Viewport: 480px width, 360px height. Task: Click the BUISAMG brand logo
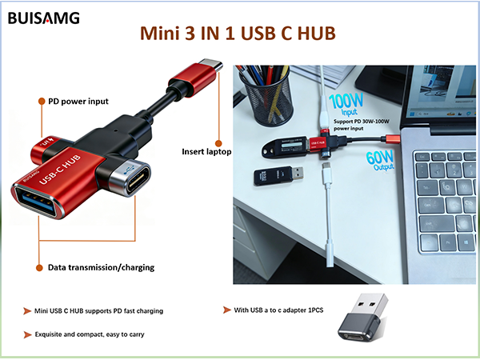click(x=44, y=18)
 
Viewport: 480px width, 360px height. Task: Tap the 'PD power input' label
click(x=78, y=102)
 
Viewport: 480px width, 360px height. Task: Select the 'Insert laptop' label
click(x=206, y=151)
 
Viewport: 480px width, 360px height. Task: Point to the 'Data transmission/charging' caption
click(x=101, y=267)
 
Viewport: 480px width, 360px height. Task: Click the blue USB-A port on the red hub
click(x=37, y=201)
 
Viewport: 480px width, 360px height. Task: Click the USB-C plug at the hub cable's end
click(x=210, y=66)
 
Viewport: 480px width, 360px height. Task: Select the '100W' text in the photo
click(x=346, y=101)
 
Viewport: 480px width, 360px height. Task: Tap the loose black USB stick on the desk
click(x=278, y=175)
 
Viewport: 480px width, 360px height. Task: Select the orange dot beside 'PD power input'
click(x=42, y=102)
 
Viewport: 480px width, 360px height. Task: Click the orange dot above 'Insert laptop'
click(x=218, y=143)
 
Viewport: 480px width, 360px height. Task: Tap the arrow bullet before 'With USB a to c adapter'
click(x=227, y=310)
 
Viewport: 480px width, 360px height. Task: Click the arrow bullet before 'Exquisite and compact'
click(x=27, y=334)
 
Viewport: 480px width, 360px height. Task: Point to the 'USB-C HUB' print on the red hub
click(x=60, y=170)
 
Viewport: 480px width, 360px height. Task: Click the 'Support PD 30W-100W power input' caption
click(x=362, y=125)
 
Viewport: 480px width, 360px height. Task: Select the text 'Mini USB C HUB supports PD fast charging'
click(x=98, y=310)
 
